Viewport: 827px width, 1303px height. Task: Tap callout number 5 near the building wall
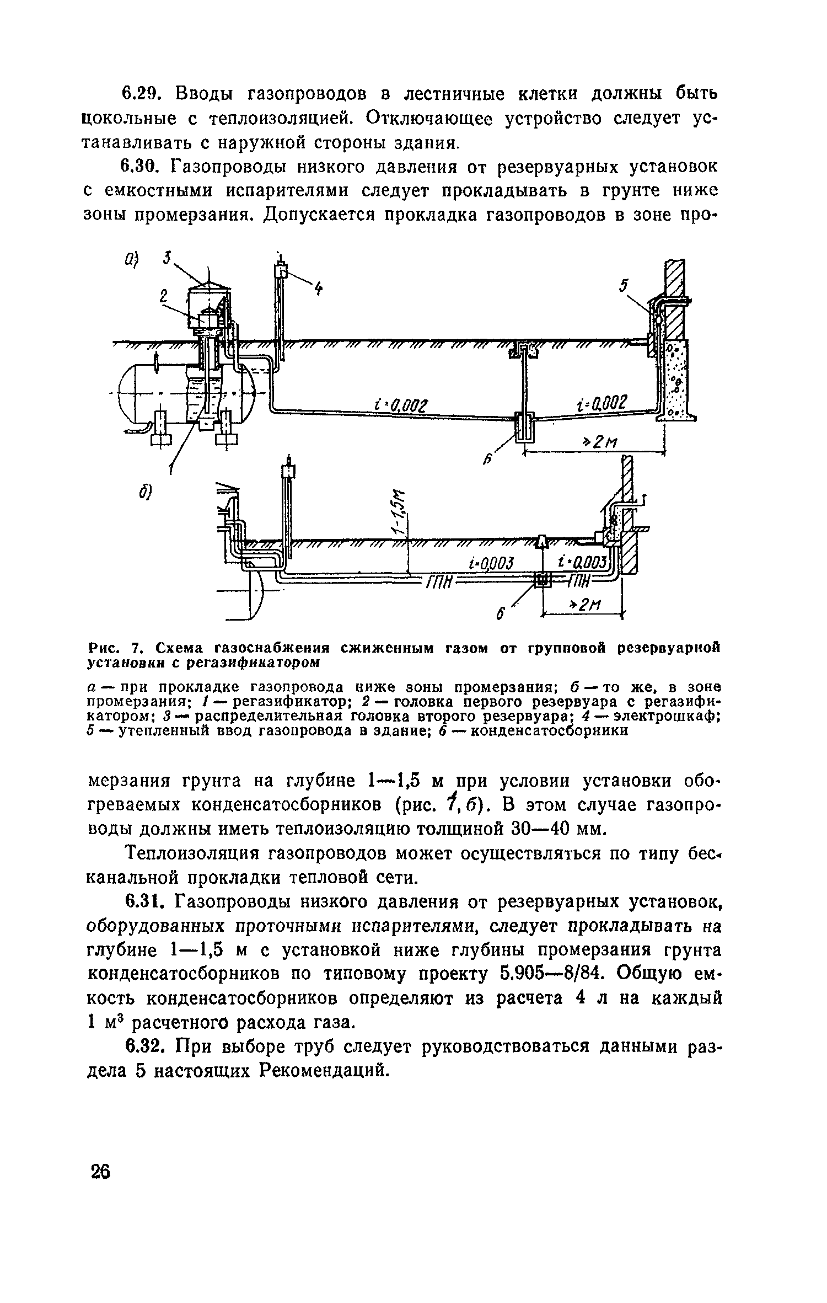point(624,286)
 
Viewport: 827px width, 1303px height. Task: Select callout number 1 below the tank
point(172,469)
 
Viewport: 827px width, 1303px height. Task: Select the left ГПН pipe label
point(438,581)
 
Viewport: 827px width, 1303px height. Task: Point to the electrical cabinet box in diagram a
point(282,271)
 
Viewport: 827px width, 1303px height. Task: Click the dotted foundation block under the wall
point(675,380)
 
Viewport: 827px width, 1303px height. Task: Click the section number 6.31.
point(142,902)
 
